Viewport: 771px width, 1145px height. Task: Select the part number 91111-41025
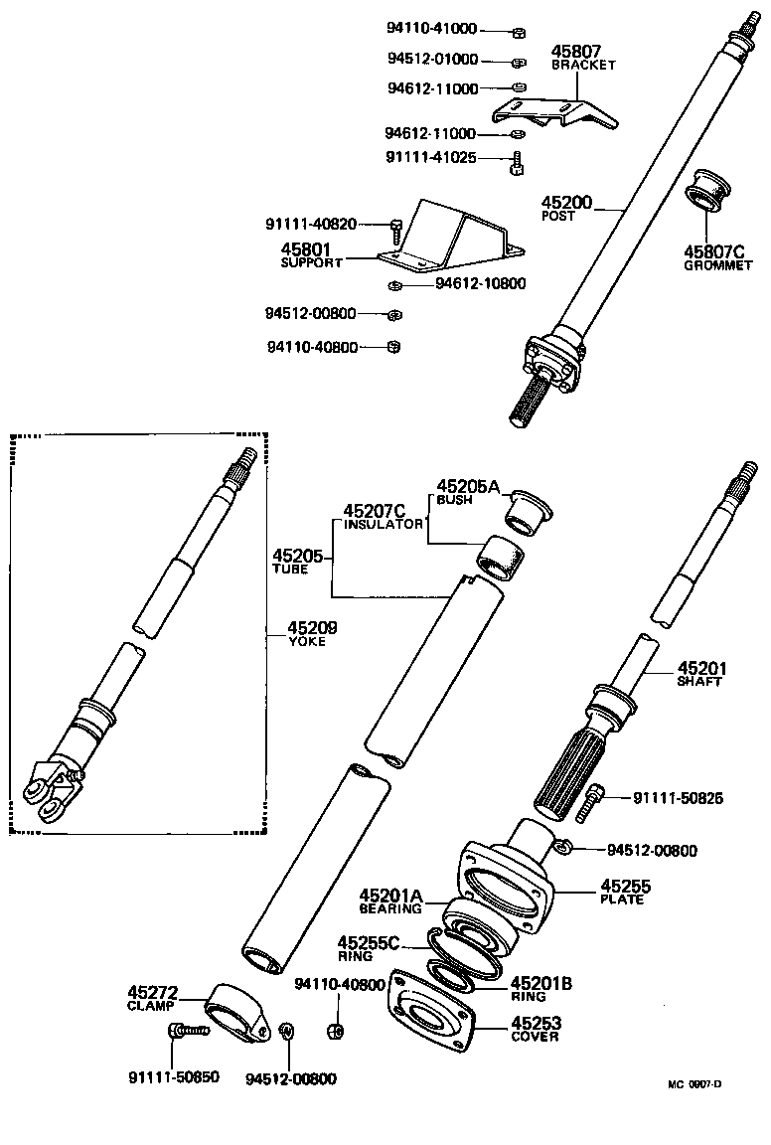(x=430, y=157)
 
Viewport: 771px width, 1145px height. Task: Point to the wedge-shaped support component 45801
(x=446, y=240)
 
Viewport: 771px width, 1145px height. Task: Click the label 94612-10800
(x=480, y=283)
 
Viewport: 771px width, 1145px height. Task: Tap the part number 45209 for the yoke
(x=312, y=628)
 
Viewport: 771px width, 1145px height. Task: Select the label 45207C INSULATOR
(x=382, y=516)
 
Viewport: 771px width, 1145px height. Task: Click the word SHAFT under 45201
(x=699, y=682)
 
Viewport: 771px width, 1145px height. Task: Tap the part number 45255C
(x=369, y=942)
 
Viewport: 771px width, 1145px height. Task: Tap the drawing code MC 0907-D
(x=694, y=1084)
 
